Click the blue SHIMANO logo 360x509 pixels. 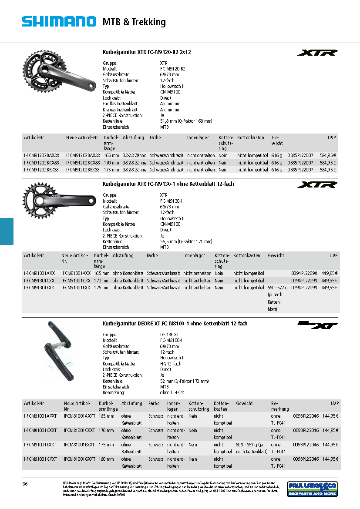click(x=59, y=21)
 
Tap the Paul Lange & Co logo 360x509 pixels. click(x=312, y=489)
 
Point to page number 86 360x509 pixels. click(x=25, y=484)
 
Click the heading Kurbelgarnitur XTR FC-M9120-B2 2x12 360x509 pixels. click(x=147, y=52)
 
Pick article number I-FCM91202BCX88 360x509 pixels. click(x=41, y=162)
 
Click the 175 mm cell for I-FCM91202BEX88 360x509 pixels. click(x=111, y=170)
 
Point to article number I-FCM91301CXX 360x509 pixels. click(x=39, y=281)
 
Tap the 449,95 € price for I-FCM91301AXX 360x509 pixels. click(x=330, y=273)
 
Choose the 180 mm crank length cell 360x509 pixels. click(x=106, y=459)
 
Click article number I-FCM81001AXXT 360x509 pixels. click(x=40, y=416)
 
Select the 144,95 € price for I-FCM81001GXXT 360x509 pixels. click(x=330, y=459)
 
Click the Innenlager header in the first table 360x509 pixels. click(x=198, y=137)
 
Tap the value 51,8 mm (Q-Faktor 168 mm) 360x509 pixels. click(x=186, y=121)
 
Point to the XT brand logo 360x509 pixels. click(x=317, y=325)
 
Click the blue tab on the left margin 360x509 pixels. click(x=7, y=231)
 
